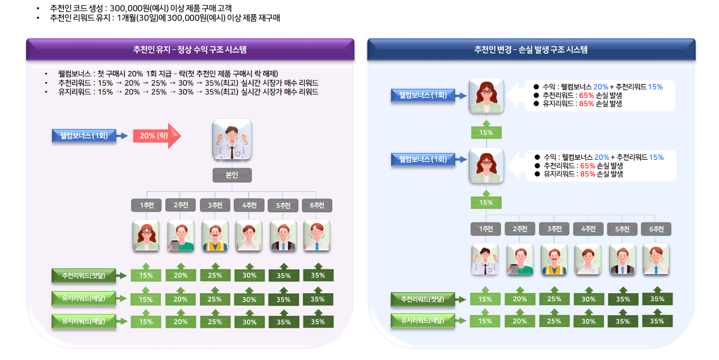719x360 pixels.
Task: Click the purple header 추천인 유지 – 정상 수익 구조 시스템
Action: coord(190,50)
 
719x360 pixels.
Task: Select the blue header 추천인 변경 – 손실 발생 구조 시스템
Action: coord(530,50)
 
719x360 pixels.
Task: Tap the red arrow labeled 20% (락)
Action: coord(156,136)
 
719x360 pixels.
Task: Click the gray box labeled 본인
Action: coord(232,175)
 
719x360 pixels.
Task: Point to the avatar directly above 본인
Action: coord(232,139)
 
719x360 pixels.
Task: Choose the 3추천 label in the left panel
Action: coord(215,205)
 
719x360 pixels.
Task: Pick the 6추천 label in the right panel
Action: coord(656,229)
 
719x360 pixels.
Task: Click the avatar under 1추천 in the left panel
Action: coord(146,235)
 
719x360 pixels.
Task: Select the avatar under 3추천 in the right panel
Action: coord(554,259)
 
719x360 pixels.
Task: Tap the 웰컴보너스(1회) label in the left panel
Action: coord(84,136)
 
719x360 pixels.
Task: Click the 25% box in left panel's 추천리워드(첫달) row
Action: coord(215,276)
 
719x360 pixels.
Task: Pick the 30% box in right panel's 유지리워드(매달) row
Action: coord(588,322)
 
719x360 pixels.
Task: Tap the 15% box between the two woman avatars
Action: coord(486,133)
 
